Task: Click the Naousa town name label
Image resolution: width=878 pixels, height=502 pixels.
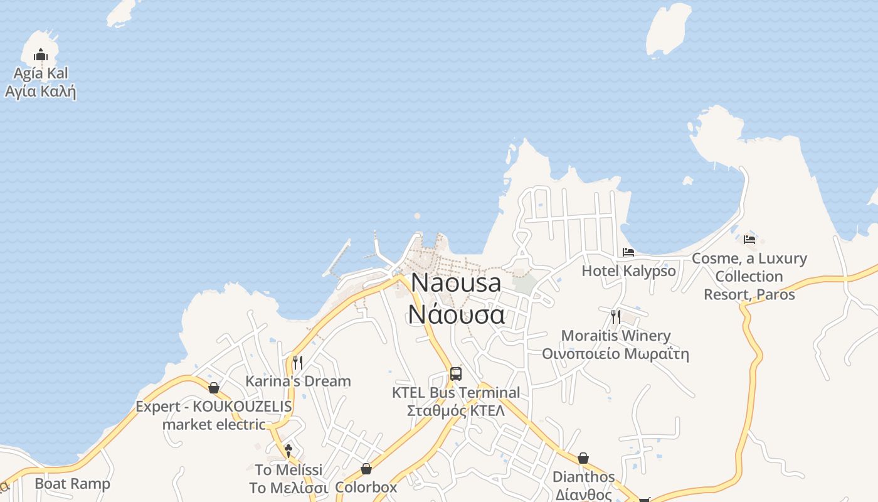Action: pos(456,298)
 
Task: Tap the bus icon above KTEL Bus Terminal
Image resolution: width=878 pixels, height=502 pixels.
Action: pos(456,374)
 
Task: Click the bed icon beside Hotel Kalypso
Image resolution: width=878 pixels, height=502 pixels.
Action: pos(628,252)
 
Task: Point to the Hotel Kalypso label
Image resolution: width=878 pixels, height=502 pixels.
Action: pos(628,271)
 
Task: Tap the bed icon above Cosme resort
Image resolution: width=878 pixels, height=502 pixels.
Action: pos(749,239)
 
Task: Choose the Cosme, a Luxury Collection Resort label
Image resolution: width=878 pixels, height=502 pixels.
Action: pos(749,276)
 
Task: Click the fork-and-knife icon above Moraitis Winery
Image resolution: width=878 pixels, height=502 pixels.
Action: pos(616,316)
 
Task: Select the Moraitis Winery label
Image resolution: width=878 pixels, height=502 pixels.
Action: pos(616,344)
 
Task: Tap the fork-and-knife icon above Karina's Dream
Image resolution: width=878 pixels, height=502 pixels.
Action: pos(298,362)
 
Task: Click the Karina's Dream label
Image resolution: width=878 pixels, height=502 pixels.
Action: pos(298,381)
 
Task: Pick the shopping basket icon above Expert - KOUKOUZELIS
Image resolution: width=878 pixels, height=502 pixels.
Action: pos(214,388)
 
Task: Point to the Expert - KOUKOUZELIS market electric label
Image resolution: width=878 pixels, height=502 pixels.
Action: pos(214,415)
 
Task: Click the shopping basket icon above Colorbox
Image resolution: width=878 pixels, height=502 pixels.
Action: pos(366,469)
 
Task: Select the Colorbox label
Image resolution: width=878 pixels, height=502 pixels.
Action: pos(366,488)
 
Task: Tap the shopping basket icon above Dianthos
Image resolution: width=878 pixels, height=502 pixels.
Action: pos(583,458)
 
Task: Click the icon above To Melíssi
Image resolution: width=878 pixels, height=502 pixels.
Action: pos(288,451)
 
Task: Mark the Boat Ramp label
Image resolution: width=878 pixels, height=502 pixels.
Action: pos(72,484)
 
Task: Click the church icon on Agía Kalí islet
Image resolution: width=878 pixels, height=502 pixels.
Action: pos(41,55)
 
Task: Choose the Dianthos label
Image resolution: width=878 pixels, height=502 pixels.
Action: pos(583,485)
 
